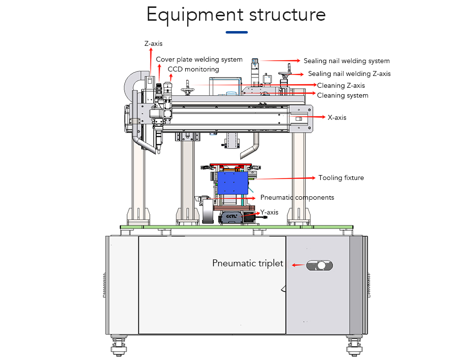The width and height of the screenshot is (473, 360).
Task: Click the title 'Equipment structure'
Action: [236, 15]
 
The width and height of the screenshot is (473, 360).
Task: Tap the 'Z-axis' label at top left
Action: [153, 43]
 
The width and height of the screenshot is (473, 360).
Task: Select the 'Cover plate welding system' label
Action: [199, 60]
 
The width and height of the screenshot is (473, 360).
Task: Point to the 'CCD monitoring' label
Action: [193, 69]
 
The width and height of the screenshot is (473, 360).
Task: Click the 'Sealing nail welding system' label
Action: [346, 61]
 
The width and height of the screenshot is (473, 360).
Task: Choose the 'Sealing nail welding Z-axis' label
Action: [349, 74]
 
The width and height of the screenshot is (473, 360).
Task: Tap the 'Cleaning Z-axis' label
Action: [341, 86]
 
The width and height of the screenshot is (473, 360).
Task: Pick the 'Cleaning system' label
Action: [342, 95]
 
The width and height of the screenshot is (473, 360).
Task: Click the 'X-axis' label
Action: [337, 117]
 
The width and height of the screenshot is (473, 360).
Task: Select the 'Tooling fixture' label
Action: [341, 178]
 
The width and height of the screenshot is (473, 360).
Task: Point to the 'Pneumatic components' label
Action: [297, 198]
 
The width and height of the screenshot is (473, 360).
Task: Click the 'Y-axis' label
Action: [270, 213]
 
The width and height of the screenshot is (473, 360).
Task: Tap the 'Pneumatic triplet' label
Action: [248, 263]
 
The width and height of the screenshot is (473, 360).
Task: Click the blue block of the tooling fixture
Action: [232, 183]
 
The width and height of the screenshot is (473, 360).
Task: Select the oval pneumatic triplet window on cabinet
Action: [320, 265]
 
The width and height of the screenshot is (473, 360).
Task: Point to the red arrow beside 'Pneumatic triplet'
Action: [297, 265]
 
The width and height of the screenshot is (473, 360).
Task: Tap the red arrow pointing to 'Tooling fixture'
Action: [286, 178]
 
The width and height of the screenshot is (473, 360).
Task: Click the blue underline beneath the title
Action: [236, 33]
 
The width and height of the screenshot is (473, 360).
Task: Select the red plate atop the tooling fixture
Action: [231, 164]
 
